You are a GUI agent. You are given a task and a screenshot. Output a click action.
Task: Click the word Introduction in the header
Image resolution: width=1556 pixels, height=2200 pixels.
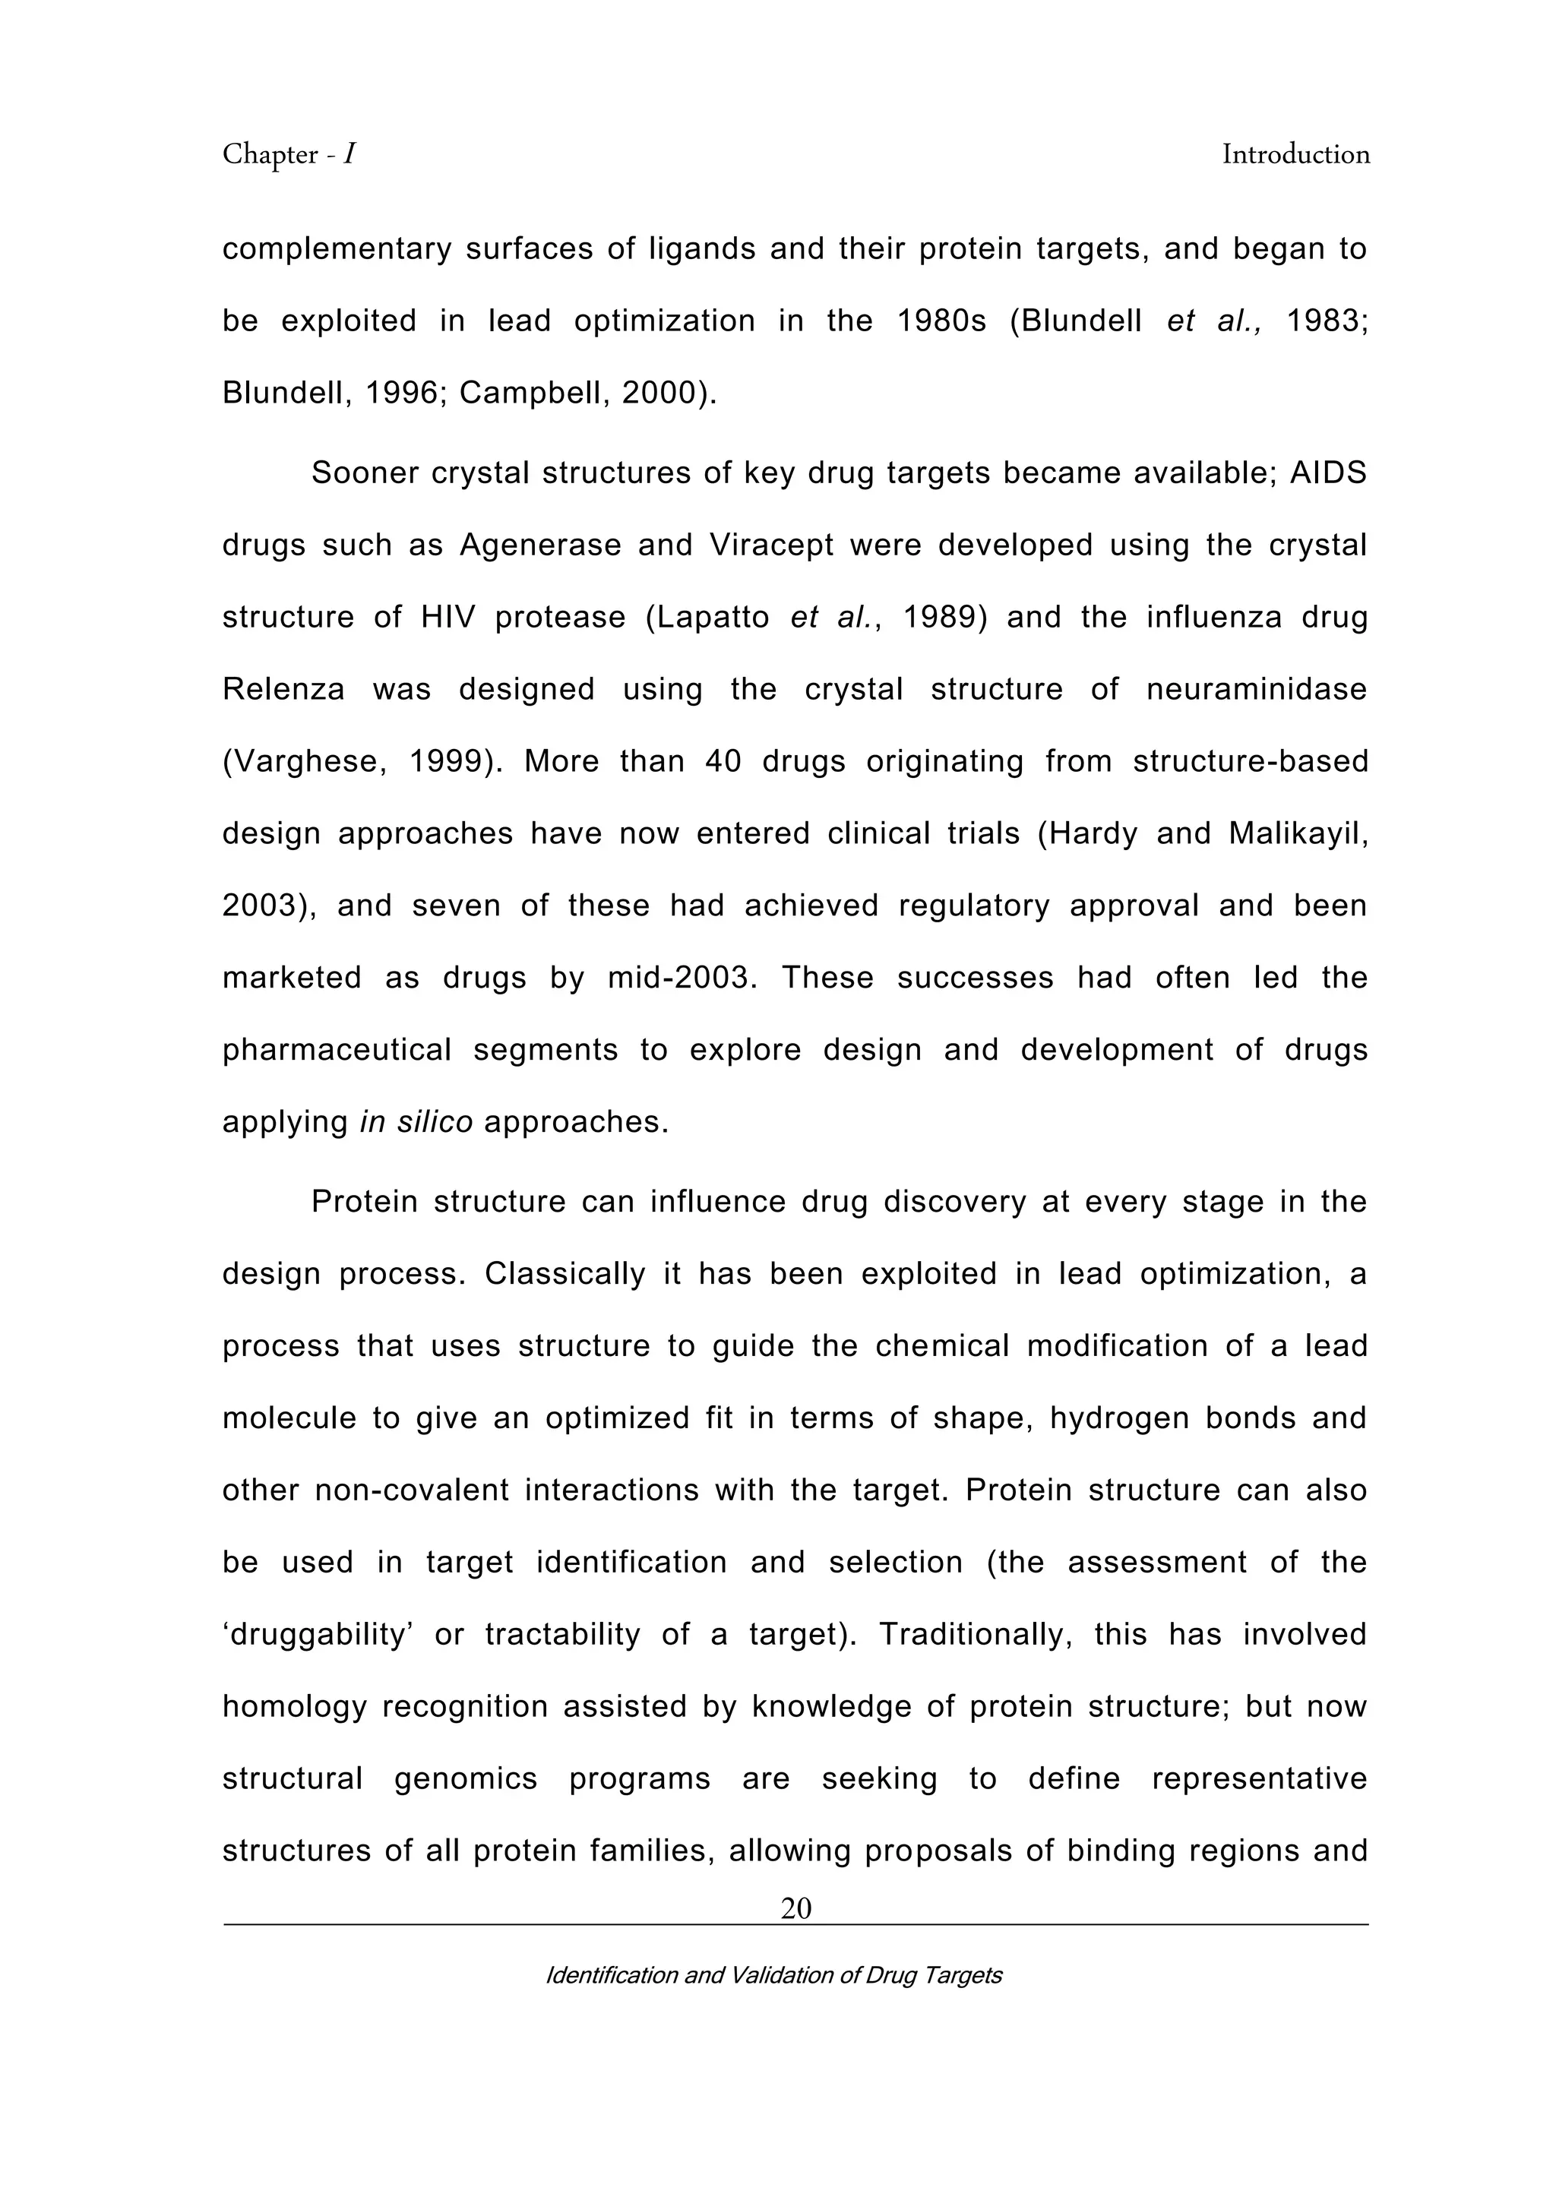pyautogui.click(x=1295, y=154)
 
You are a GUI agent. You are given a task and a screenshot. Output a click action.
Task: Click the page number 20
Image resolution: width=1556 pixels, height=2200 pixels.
pyautogui.click(x=795, y=1909)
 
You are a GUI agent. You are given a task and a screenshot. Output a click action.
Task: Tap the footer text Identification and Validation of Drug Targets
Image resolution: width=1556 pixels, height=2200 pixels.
pyautogui.click(x=773, y=1975)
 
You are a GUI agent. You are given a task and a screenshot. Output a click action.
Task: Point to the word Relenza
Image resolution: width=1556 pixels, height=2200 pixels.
pyautogui.click(x=283, y=689)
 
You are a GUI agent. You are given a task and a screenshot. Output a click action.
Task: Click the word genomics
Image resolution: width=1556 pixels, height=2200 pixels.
pyautogui.click(x=466, y=1778)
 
